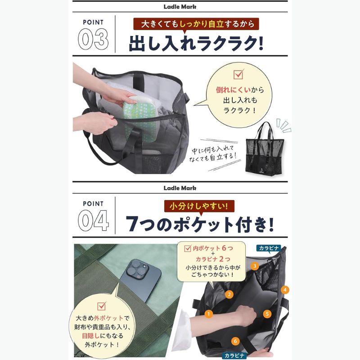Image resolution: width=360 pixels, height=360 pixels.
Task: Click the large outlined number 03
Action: click(x=93, y=39)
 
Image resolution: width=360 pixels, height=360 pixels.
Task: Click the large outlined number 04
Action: click(x=93, y=220)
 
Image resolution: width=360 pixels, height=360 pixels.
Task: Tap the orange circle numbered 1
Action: click(x=208, y=314)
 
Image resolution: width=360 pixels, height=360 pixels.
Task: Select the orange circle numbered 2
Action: click(x=229, y=294)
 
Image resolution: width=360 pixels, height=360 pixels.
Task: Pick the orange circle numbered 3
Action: click(x=254, y=266)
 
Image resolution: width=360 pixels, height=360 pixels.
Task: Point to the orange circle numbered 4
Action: click(x=285, y=290)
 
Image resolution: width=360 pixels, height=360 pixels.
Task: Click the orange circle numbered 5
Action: click(x=267, y=314)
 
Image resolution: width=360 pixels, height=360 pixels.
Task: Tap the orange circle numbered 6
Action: click(x=235, y=341)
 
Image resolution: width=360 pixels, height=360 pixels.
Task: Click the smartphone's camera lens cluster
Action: click(x=137, y=270)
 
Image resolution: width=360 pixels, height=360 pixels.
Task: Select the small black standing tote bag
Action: click(x=265, y=149)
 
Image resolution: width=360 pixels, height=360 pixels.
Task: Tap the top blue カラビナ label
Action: click(x=269, y=248)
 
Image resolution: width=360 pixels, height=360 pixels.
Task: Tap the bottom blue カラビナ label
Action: click(x=234, y=355)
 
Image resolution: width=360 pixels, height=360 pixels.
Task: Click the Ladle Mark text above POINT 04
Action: click(x=180, y=188)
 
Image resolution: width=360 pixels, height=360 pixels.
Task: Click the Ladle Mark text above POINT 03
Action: click(x=180, y=7)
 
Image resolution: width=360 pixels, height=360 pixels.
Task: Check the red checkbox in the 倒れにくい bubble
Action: click(x=238, y=74)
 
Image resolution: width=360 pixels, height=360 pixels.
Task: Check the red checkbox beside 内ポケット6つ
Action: click(x=188, y=248)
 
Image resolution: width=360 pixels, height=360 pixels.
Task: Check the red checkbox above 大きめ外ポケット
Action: click(x=102, y=306)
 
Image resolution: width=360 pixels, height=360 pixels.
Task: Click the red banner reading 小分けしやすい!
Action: click(x=199, y=206)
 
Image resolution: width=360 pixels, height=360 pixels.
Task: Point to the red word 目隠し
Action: click(x=91, y=336)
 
